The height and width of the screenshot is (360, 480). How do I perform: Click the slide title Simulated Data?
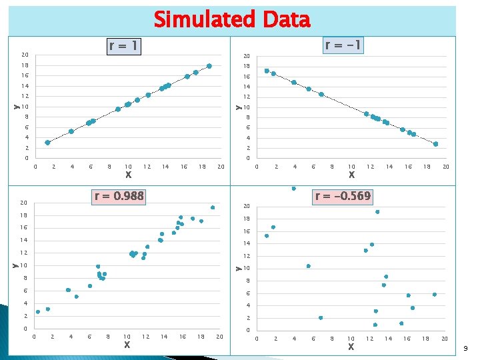coord(232,20)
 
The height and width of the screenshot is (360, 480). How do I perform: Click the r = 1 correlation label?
coord(125,46)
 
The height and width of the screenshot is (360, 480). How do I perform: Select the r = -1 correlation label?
coord(343,45)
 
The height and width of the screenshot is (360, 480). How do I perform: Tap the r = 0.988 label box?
coord(119,196)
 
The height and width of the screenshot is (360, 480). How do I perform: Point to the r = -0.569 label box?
coord(343,196)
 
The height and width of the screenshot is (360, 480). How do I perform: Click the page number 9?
coord(465,348)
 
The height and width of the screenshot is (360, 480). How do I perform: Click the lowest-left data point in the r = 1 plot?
coord(47,143)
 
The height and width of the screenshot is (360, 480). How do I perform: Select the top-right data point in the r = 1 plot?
coord(209,66)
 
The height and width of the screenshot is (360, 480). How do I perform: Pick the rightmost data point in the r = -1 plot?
coord(436,144)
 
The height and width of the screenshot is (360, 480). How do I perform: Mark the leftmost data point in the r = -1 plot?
coord(267,71)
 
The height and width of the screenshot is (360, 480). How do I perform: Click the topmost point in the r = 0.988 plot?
coord(213,207)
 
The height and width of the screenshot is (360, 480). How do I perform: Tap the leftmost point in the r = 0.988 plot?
coord(38,311)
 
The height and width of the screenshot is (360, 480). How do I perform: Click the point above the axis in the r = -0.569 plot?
coord(293,189)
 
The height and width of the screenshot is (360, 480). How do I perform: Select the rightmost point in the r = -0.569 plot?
coord(435,295)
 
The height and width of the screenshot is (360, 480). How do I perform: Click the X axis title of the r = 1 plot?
coord(128,175)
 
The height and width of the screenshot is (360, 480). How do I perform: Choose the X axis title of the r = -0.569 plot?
coord(351,347)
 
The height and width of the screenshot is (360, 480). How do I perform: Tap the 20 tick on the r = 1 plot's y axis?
coord(24,55)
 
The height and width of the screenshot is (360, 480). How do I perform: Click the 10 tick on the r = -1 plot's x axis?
coord(351,167)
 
